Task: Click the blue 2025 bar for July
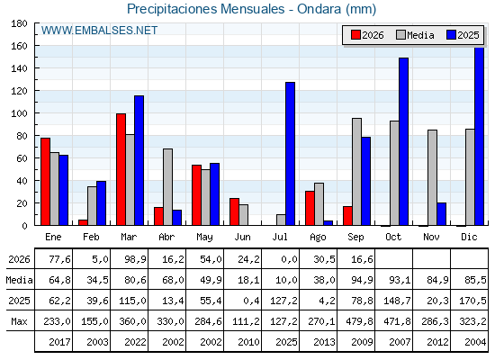point(290,154)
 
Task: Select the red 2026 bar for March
point(121,169)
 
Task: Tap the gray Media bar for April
point(167,187)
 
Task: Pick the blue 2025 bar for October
point(404,142)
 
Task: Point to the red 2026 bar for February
point(83,222)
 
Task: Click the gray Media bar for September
point(356,172)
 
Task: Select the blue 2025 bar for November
point(441,214)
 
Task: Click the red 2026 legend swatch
point(355,35)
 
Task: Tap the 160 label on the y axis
point(19,46)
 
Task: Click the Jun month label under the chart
point(242,238)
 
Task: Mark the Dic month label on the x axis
point(469,238)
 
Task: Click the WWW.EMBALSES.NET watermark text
point(99,31)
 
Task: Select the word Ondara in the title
point(319,9)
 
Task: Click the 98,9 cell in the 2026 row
point(135,259)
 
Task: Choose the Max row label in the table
point(19,321)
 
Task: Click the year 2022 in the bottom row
point(135,342)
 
